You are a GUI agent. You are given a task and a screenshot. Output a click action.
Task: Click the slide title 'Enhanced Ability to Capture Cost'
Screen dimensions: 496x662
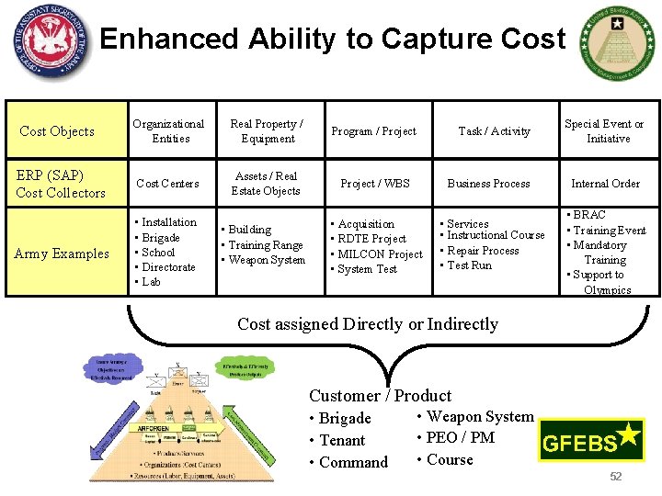coord(332,39)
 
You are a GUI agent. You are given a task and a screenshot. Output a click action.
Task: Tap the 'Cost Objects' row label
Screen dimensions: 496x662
coord(57,131)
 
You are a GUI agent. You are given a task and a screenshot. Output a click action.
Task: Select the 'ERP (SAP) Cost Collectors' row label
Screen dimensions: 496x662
coord(61,184)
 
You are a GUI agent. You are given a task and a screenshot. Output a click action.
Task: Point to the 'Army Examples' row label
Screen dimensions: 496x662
coord(62,254)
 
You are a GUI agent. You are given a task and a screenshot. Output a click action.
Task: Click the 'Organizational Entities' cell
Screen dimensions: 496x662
coord(168,131)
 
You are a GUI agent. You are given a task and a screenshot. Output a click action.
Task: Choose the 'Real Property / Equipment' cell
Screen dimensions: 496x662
coord(267,131)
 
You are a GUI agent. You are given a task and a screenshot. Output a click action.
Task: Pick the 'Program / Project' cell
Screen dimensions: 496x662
coord(373,131)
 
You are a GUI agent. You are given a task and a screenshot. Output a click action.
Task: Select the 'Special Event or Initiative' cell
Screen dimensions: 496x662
coord(604,131)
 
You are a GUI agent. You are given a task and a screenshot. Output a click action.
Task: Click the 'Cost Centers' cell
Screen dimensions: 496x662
coord(167,184)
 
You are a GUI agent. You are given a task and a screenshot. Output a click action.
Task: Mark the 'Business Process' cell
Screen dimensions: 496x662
coord(488,184)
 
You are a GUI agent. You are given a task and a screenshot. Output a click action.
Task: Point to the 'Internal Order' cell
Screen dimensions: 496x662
coord(605,184)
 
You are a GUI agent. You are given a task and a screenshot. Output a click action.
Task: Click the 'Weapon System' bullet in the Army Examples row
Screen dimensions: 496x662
coord(267,260)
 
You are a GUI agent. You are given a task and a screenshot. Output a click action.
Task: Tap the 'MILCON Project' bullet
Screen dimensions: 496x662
coord(380,254)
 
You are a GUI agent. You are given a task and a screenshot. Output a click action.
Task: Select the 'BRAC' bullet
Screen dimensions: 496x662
coord(589,215)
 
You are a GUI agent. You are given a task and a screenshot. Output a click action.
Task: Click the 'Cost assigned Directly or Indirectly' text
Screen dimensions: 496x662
coord(368,324)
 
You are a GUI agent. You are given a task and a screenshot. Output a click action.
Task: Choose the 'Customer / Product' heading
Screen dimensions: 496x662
coord(380,396)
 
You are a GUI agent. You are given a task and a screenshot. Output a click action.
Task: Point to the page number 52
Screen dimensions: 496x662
coord(616,476)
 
